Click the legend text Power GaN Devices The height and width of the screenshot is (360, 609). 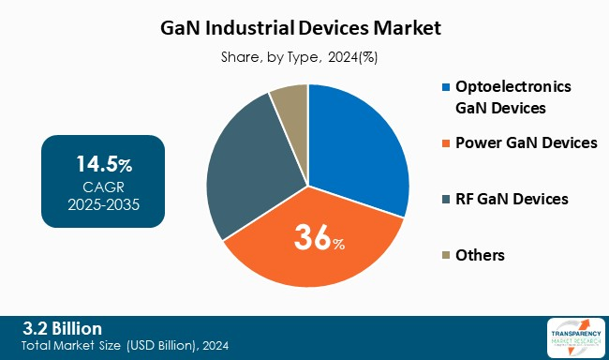(x=526, y=143)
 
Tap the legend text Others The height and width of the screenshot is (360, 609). (x=480, y=255)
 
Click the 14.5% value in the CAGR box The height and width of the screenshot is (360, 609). (x=103, y=165)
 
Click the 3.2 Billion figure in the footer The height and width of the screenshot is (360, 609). (x=62, y=327)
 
